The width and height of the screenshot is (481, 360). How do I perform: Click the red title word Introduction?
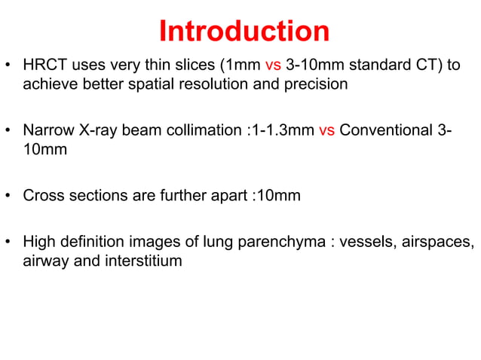pyautogui.click(x=244, y=31)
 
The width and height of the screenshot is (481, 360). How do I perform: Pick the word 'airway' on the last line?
pyautogui.click(x=45, y=261)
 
